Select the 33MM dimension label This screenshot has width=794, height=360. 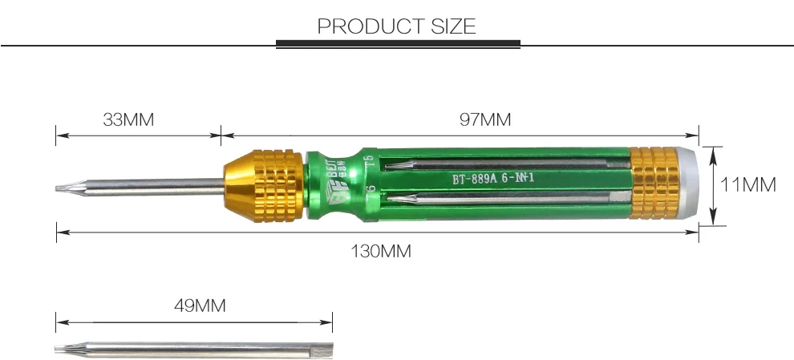click(128, 120)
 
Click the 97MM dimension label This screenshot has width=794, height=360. click(485, 120)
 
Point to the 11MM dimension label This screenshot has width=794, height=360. click(747, 185)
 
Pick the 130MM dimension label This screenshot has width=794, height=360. click(381, 251)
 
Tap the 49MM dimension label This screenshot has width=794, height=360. click(200, 305)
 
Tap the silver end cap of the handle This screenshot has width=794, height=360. click(689, 184)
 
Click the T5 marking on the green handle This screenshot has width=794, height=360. click(368, 160)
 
